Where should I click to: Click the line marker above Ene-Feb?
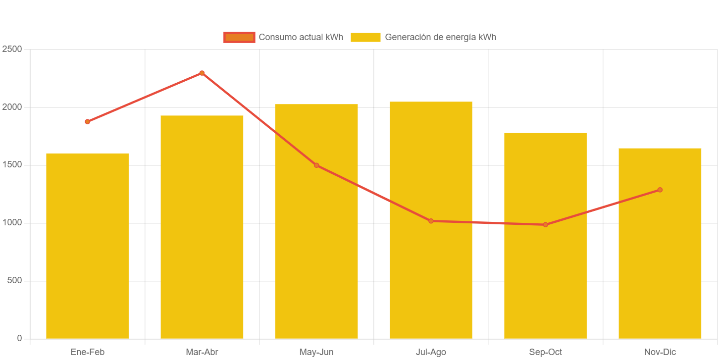point(87,121)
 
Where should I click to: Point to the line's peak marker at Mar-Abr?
point(202,73)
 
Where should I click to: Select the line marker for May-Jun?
point(316,165)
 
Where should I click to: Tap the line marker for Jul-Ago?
point(431,221)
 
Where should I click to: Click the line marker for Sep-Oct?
point(545,225)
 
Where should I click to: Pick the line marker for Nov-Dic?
point(660,190)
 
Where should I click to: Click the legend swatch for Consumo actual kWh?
point(239,37)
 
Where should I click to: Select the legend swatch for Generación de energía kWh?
point(365,37)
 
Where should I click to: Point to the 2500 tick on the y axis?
point(12,49)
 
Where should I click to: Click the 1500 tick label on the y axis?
point(12,164)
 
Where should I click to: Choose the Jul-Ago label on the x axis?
point(431,352)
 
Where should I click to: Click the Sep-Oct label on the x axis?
point(545,352)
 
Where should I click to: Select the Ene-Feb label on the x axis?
point(87,352)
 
